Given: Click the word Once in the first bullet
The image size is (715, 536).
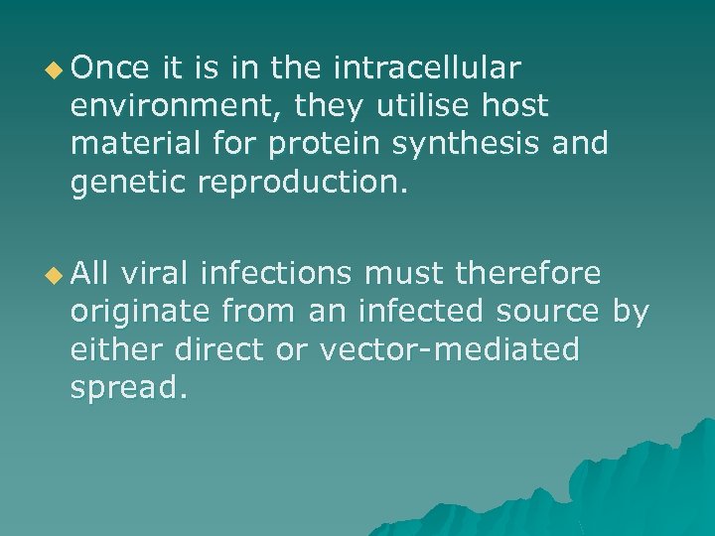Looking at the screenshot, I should coord(110,68).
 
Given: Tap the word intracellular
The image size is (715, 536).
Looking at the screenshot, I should coord(427,68).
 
